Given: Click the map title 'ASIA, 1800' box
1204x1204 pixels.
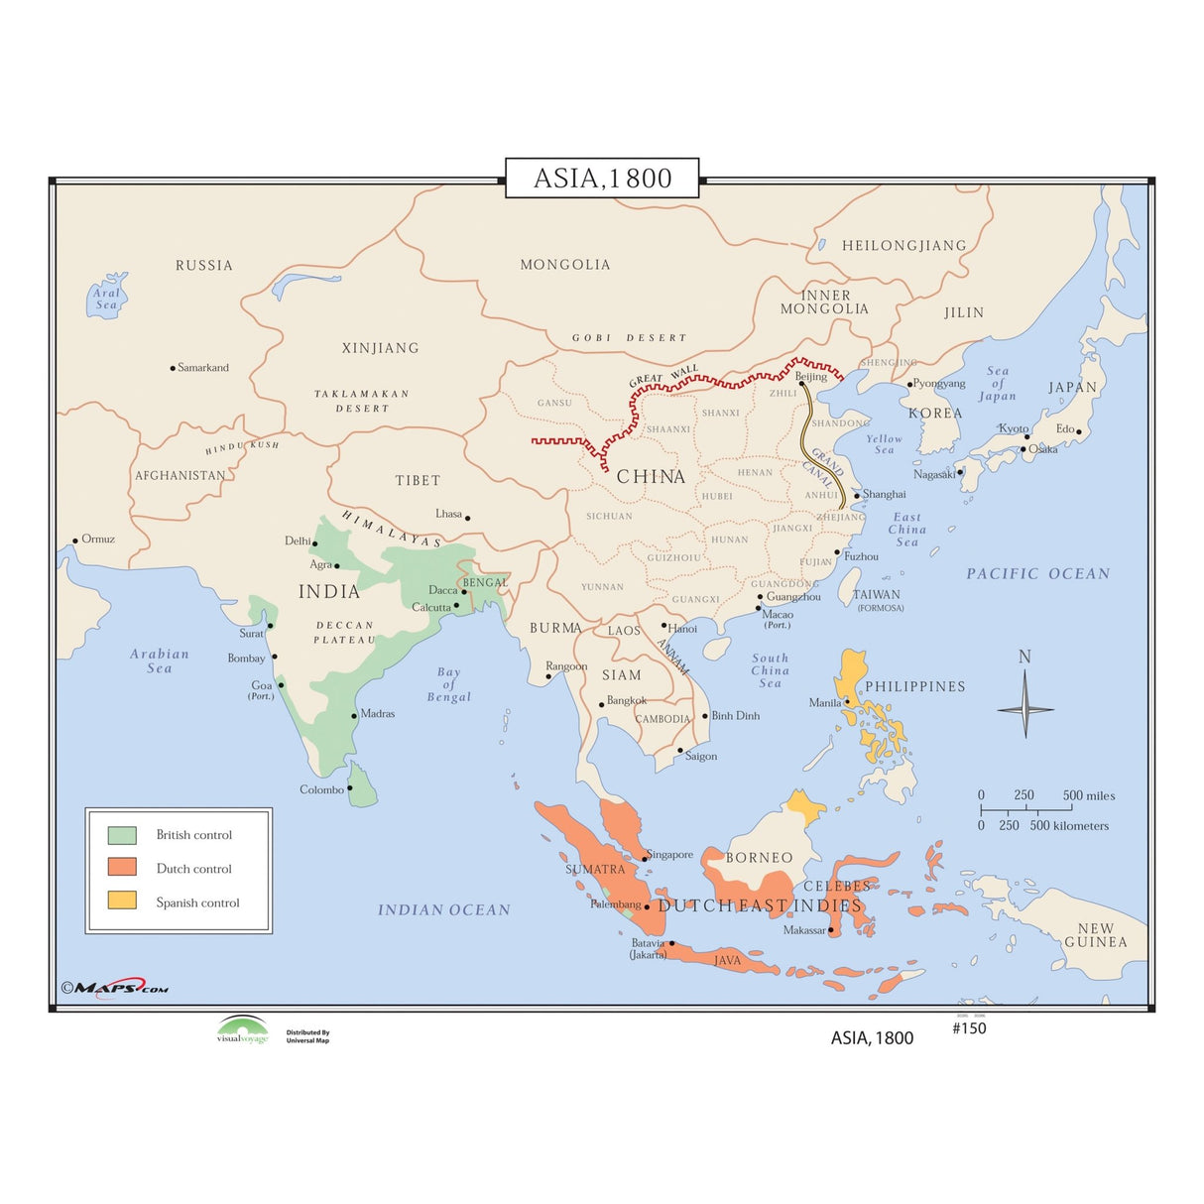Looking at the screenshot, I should pos(602,179).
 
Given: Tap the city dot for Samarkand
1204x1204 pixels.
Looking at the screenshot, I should pos(173,368).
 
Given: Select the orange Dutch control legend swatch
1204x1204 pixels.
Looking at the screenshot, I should pos(122,868).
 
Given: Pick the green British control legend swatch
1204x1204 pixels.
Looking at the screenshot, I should pos(122,835).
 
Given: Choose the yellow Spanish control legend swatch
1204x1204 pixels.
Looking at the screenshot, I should pos(122,902).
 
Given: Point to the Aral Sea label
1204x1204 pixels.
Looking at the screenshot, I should pos(106,299).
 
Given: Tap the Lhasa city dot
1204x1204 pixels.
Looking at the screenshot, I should pos(468,518).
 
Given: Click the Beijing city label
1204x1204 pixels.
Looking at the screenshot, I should pos(811,376).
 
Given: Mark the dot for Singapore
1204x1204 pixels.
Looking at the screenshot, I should pos(645,859).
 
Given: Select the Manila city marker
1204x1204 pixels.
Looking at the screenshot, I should pos(847,701).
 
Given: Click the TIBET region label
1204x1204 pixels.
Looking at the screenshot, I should pos(418,481).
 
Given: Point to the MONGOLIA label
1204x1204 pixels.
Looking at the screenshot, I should pos(565,265).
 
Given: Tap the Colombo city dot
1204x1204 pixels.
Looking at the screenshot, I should pos(350,788).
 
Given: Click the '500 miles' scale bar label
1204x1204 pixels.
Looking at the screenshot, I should pos(1089,795).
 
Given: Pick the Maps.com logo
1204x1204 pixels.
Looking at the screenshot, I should pos(115,988).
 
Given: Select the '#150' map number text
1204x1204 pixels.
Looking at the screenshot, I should pos(969,1028).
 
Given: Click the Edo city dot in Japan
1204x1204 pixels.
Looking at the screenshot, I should pos(1079,431).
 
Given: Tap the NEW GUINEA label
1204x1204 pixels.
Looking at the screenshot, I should pos(1096,935).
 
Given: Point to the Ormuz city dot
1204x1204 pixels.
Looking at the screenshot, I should pos(75,542).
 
